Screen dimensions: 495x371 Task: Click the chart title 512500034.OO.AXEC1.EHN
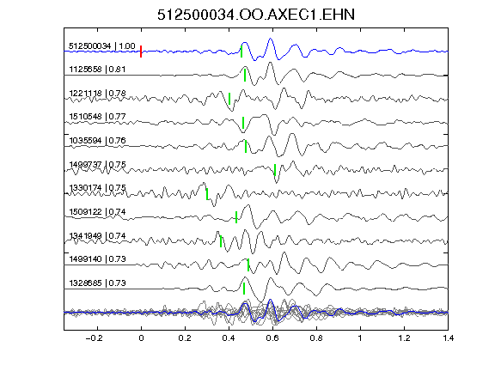256,15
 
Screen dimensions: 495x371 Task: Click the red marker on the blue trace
141,52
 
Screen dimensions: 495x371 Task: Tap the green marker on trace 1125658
245,75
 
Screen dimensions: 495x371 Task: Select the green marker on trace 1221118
229,99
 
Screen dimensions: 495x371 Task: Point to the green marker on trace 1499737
275,170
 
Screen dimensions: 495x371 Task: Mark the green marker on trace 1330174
207,194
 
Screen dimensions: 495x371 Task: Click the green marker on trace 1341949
221,241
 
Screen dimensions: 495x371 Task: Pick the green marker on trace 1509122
236,217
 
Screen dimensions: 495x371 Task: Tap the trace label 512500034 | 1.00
102,46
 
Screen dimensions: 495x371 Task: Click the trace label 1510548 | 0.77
97,117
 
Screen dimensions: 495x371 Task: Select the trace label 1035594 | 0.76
97,140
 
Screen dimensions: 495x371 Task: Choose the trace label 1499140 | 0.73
97,259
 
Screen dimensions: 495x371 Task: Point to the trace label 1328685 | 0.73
97,283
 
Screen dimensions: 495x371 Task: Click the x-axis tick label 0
141,338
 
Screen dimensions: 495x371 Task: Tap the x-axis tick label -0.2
94,338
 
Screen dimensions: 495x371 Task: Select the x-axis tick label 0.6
272,338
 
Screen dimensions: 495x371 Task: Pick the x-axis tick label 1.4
448,338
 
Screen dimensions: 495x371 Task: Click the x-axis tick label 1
360,338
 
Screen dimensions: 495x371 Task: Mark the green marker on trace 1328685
244,289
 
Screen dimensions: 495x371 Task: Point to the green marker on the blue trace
241,52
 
